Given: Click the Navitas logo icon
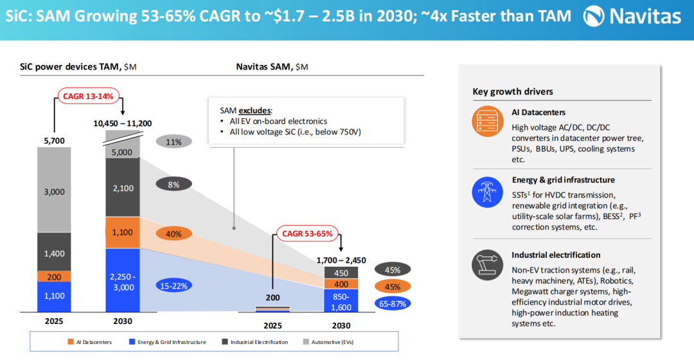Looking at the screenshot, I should (596, 16).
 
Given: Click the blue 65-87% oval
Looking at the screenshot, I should (393, 303).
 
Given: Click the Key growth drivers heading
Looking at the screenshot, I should (513, 91).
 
